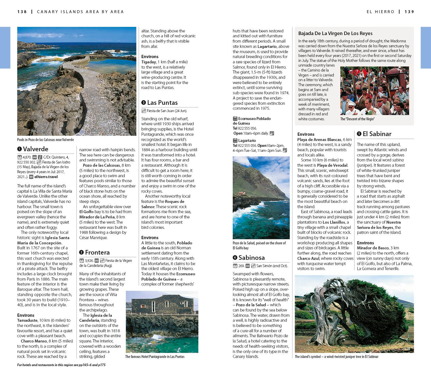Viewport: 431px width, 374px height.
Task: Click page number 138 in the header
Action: click(x=22, y=12)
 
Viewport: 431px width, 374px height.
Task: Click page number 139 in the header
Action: click(x=409, y=12)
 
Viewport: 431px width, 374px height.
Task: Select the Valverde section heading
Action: click(x=36, y=149)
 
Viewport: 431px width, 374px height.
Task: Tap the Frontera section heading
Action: click(x=97, y=253)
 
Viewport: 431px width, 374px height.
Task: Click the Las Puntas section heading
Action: click(x=162, y=103)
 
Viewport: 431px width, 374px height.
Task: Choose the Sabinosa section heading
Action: click(x=251, y=258)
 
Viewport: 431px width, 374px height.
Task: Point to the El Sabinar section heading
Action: click(x=377, y=134)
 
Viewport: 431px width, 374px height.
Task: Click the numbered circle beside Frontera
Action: click(x=81, y=253)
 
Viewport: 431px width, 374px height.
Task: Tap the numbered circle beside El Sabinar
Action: click(x=359, y=134)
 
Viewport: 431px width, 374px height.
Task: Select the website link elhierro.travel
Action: click(x=46, y=177)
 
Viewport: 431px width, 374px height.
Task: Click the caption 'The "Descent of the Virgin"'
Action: click(x=357, y=119)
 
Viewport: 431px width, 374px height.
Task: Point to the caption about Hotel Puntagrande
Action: click(x=155, y=356)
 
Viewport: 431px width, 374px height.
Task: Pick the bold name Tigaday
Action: click(x=149, y=62)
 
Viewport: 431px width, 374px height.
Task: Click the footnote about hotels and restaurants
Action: click(x=61, y=365)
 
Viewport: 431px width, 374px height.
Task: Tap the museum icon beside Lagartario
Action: click(x=235, y=140)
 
